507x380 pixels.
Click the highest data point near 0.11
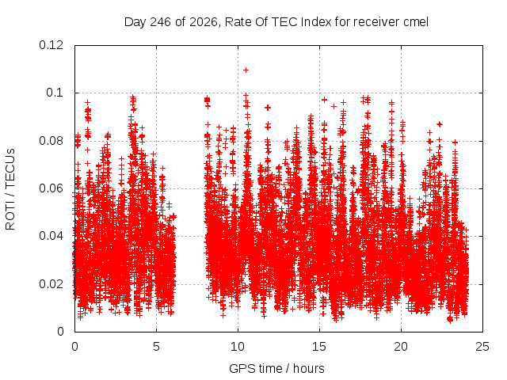tap(246, 70)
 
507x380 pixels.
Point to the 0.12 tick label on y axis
tap(51, 45)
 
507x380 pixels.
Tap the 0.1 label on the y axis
tap(55, 93)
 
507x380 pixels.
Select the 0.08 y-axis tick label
tap(51, 141)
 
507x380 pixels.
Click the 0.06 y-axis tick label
tap(51, 188)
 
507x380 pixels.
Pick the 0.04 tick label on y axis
tap(51, 236)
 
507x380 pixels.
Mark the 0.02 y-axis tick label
tap(51, 284)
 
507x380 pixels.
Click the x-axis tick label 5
tap(156, 347)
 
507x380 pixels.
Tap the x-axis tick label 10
tap(238, 347)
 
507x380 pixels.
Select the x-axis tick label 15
tap(319, 347)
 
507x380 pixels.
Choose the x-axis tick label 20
tap(401, 347)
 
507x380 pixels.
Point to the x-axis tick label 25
tap(482, 347)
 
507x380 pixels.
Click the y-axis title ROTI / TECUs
tap(10, 189)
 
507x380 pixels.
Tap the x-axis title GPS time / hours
tap(276, 369)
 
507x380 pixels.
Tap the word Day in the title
tap(135, 22)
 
